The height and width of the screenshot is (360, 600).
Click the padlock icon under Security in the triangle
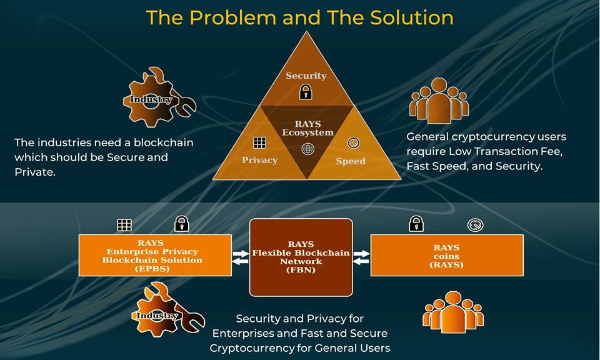click(306, 92)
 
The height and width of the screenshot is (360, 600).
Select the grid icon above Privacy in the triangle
click(259, 142)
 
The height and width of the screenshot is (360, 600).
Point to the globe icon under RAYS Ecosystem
click(307, 149)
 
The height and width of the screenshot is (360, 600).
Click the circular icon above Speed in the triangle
click(354, 142)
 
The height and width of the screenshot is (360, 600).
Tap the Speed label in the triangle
click(351, 161)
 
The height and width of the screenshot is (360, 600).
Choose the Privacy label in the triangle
click(259, 160)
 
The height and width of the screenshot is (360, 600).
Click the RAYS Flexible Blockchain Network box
click(301, 257)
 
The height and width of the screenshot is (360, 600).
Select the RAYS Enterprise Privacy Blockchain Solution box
click(155, 255)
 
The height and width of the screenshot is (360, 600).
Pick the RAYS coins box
click(447, 255)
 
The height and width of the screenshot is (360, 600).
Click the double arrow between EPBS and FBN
click(241, 257)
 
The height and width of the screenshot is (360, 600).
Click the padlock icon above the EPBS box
click(182, 223)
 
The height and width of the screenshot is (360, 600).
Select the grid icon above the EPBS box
click(124, 225)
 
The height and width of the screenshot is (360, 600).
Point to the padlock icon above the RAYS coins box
click(416, 223)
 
